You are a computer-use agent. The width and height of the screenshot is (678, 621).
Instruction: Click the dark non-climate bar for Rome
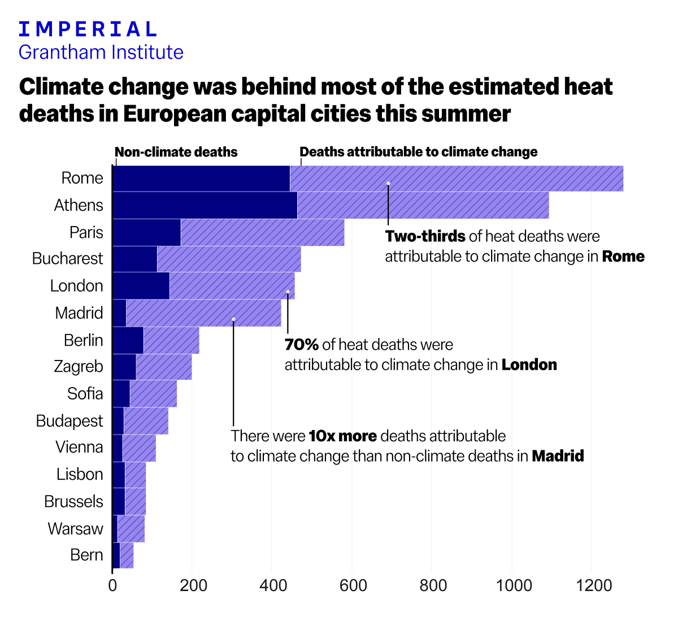tap(201, 179)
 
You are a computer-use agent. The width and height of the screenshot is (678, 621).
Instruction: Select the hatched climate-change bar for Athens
tap(423, 205)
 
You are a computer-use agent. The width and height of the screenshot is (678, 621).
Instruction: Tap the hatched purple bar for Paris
tap(262, 232)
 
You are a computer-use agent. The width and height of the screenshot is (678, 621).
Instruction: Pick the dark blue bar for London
tap(141, 286)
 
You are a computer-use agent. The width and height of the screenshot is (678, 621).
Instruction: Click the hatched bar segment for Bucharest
tap(229, 259)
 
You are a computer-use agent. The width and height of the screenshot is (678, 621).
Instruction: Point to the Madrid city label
tap(79, 313)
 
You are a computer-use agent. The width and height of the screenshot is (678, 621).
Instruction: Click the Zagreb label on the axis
tap(79, 367)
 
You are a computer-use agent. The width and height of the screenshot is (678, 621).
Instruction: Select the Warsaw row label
tap(76, 529)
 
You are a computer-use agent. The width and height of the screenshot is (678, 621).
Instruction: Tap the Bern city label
tap(86, 555)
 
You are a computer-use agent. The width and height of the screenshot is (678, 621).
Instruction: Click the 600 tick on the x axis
tap(353, 585)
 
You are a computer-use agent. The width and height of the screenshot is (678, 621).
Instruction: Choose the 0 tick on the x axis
tap(112, 585)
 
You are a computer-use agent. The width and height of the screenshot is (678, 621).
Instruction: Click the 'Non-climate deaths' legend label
tap(176, 152)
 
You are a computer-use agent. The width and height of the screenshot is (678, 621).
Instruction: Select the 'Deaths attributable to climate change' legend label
tap(418, 152)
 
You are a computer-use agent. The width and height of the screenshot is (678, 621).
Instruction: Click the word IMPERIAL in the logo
tap(88, 29)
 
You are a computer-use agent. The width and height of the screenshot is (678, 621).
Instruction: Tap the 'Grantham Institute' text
tap(101, 52)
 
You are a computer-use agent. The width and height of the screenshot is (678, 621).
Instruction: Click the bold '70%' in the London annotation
tap(301, 345)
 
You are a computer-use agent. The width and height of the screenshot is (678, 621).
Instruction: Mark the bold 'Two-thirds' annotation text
tap(425, 236)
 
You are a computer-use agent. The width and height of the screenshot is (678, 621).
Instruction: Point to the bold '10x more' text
tap(342, 436)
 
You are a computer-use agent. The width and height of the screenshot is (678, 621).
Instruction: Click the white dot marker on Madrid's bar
tap(233, 319)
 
